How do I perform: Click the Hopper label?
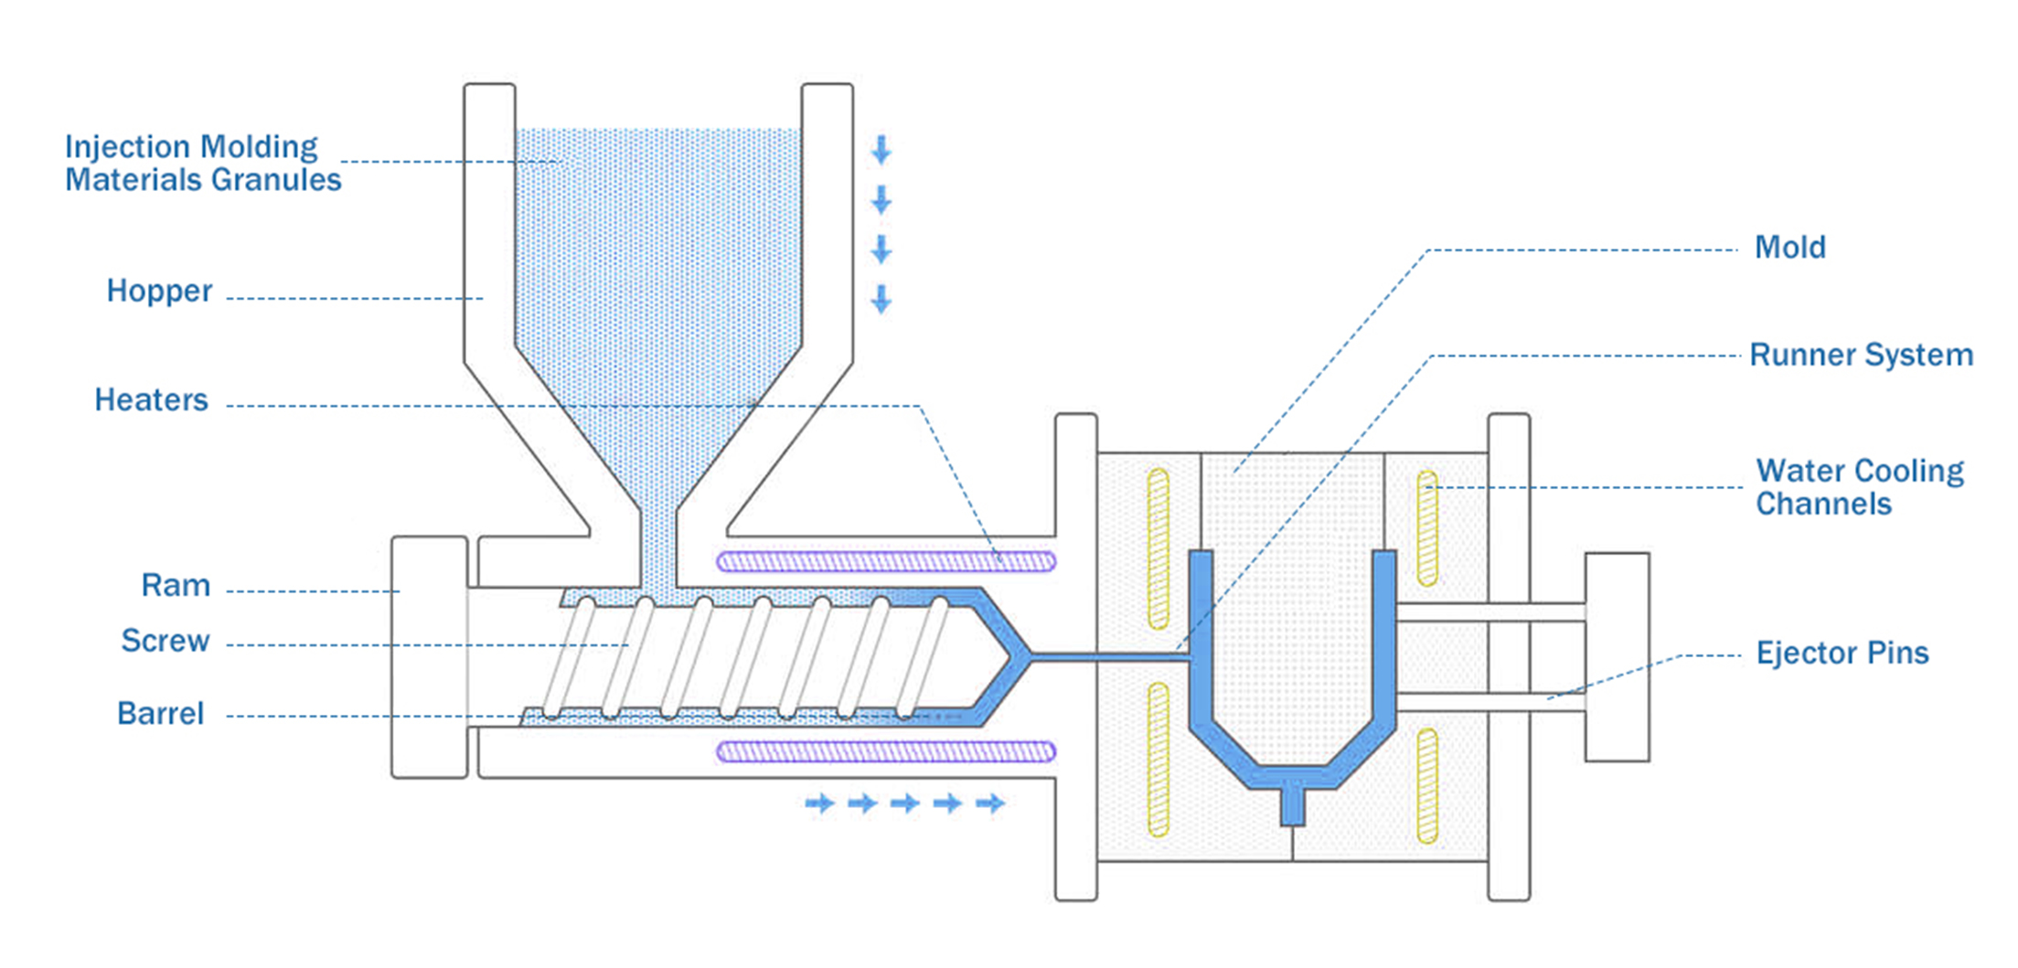(x=159, y=291)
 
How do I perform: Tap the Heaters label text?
(x=151, y=400)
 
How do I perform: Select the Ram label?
(x=176, y=585)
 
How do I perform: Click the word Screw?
(x=165, y=641)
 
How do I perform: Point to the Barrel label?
(x=160, y=713)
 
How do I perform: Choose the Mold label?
(x=1789, y=247)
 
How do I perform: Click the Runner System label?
(x=1861, y=355)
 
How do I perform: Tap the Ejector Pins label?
(x=1842, y=653)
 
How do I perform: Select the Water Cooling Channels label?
(x=1859, y=487)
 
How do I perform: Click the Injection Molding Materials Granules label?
(x=202, y=163)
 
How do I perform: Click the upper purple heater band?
(x=886, y=561)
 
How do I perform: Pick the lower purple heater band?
(x=886, y=752)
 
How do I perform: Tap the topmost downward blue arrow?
(x=881, y=150)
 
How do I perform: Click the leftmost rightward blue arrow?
(x=819, y=803)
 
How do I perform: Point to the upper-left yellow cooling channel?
(x=1158, y=548)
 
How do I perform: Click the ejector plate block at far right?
(x=1617, y=656)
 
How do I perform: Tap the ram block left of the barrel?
(x=429, y=656)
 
